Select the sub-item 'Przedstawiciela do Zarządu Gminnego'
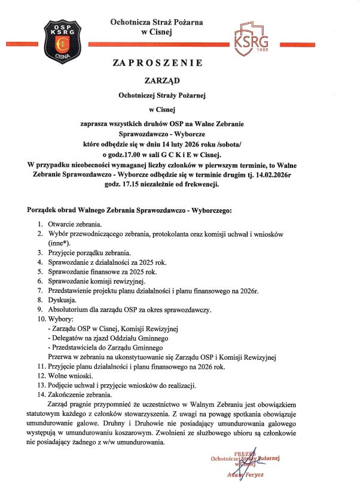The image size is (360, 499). [x=106, y=348]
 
